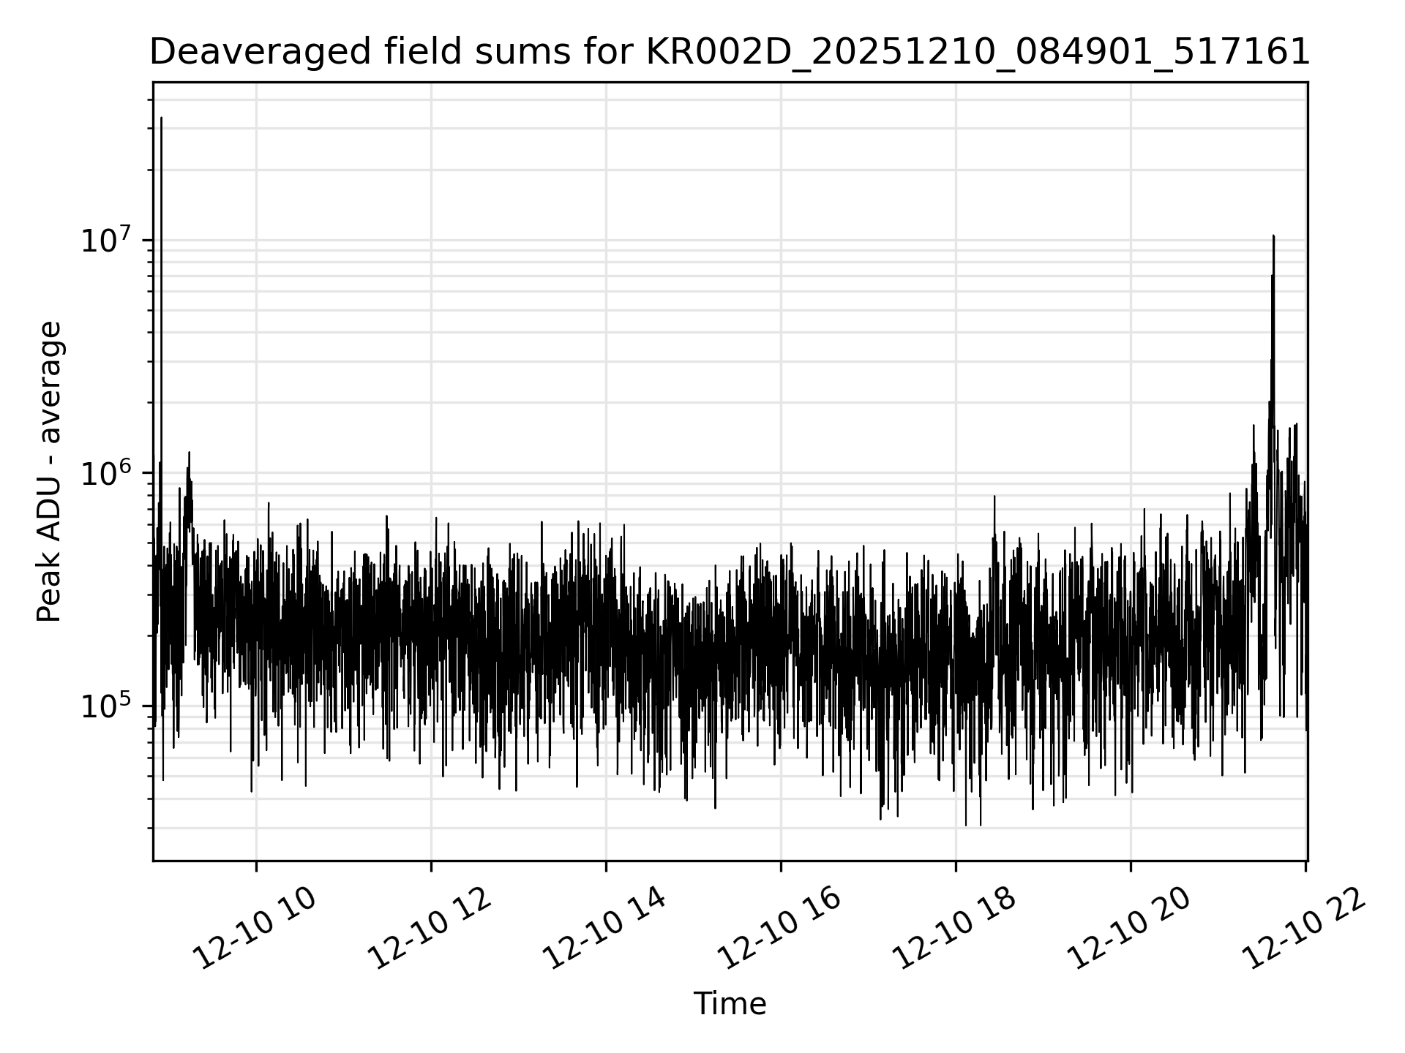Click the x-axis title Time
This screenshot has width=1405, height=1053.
point(730,1004)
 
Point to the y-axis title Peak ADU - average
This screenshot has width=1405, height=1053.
point(49,472)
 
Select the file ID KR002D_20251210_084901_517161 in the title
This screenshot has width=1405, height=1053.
point(977,53)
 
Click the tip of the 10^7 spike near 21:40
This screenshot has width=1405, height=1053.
point(1273,236)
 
